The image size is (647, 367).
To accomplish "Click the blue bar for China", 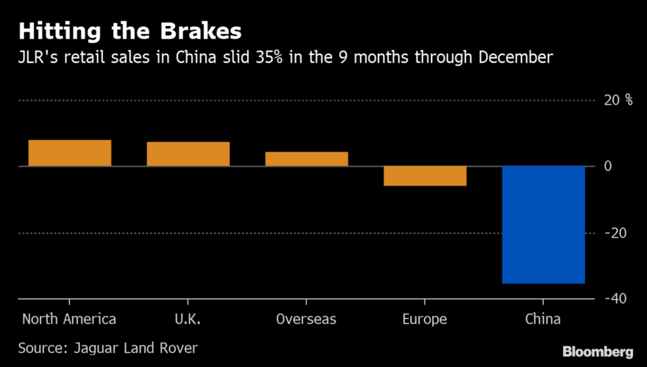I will click(x=543, y=225).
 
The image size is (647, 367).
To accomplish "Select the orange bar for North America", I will click(x=70, y=153).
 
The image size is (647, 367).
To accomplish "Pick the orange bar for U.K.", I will click(x=188, y=154).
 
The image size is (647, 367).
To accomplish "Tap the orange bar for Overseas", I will click(x=306, y=159).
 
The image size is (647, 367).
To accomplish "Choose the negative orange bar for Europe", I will click(x=425, y=176).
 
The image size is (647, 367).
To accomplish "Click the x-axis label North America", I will click(x=69, y=319).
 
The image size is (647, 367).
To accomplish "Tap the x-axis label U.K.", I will click(x=188, y=319).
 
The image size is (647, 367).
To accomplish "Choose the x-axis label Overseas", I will click(x=306, y=319).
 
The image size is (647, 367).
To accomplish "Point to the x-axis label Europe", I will click(x=425, y=319).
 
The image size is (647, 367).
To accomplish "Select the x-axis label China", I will click(x=543, y=319).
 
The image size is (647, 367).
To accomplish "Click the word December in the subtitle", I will click(x=516, y=58).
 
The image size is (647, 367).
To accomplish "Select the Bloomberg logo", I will click(x=597, y=351).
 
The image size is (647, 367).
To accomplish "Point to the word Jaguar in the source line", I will click(x=95, y=348).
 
